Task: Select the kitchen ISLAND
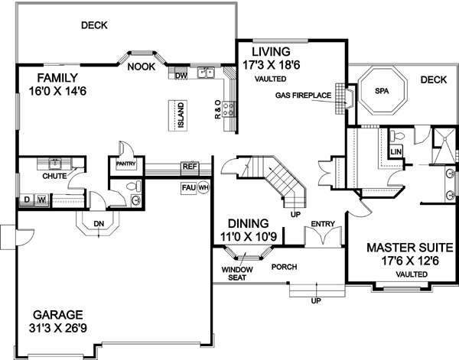point(181,115)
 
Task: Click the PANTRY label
point(125,163)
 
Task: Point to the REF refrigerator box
point(189,166)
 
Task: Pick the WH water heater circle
point(203,187)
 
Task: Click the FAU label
point(188,186)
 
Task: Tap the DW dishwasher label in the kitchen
point(181,76)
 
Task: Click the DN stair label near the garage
point(98,224)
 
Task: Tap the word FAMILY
point(48,76)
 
